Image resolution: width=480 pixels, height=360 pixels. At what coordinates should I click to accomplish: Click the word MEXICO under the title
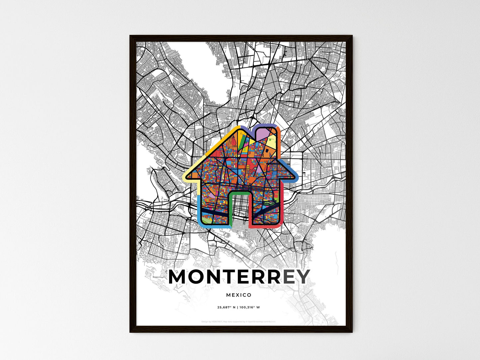(239, 295)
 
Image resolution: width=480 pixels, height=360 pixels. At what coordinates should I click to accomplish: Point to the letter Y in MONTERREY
(303, 277)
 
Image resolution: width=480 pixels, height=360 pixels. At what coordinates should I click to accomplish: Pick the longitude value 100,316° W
(249, 307)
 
